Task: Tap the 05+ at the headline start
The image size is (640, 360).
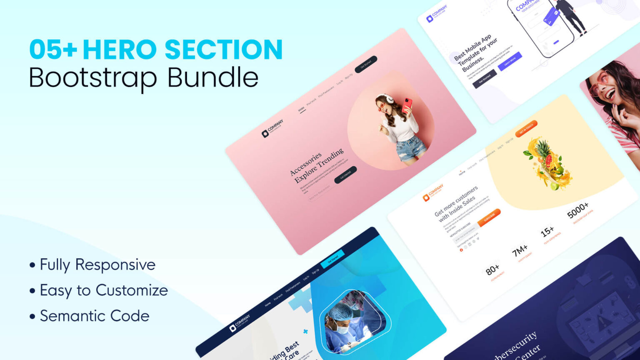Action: pos(53,50)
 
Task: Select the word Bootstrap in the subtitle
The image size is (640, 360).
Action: pos(92,78)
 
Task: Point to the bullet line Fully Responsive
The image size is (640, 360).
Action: pos(97,265)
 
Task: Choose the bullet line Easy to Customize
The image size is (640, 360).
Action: pos(103,290)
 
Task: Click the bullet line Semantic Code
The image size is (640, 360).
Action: pos(94,316)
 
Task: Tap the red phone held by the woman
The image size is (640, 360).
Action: pos(407,105)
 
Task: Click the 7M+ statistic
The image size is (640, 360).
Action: pos(520,251)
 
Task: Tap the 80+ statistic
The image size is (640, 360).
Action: pos(492,270)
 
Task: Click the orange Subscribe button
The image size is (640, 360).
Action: pos(489,217)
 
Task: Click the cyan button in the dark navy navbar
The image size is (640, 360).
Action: pos(332,259)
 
